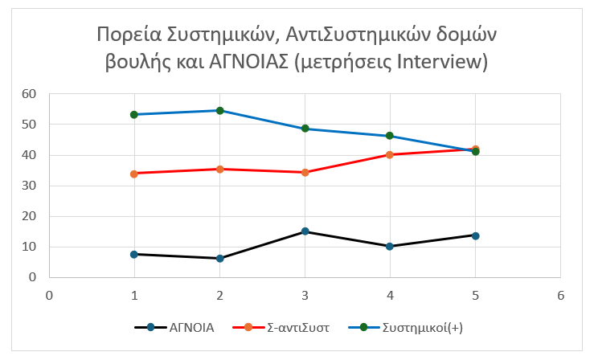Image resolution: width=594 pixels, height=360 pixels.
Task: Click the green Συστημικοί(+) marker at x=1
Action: point(134,114)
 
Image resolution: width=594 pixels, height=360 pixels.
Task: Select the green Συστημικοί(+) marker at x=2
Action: point(219,110)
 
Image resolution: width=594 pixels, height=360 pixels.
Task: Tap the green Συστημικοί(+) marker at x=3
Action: point(305,129)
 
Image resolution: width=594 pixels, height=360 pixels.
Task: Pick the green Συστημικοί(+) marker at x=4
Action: point(390,136)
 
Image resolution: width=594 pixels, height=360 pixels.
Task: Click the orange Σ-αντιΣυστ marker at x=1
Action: point(134,174)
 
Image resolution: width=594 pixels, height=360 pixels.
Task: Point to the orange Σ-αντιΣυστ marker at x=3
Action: point(305,172)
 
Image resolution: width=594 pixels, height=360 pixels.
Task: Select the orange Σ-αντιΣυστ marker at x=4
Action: point(390,154)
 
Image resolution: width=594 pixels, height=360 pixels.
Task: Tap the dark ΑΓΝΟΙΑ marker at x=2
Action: point(219,258)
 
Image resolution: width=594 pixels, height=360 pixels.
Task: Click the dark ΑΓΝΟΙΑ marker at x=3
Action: point(305,231)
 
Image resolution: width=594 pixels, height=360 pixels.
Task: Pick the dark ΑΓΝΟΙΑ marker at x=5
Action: point(475,235)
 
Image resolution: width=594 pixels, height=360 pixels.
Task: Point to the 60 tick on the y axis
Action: point(30,94)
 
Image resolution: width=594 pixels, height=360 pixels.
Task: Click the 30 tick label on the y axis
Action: point(30,186)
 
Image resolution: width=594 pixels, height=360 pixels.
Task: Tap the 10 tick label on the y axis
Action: point(30,247)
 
